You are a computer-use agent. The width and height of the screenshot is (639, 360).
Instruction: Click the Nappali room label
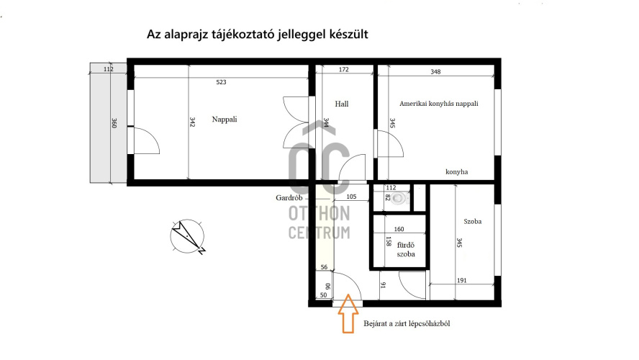coord(224,120)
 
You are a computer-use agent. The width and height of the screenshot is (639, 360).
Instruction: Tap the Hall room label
coord(342,104)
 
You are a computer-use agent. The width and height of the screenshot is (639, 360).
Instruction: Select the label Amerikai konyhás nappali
coord(438,104)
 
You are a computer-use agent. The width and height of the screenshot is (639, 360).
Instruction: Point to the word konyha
coord(456,171)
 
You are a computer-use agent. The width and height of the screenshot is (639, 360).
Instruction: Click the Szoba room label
coord(472,221)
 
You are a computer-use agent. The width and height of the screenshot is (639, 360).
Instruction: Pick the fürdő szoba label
coord(405,250)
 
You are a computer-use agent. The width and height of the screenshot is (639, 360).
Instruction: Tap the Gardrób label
coord(289,198)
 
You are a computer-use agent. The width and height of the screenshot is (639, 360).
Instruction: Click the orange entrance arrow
coord(348,313)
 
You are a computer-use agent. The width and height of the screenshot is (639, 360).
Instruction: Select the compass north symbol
coord(188,236)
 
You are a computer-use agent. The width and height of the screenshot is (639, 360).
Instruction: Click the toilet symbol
coord(401,199)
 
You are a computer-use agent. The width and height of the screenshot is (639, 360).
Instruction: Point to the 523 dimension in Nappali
coord(221,82)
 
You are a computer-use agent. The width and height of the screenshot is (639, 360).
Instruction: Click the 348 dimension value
coord(435,72)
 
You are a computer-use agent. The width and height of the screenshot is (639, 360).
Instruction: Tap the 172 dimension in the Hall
coord(343,70)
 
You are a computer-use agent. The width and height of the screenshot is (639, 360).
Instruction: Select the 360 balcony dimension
coord(114,123)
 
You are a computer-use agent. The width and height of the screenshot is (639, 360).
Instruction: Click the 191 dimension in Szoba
coord(461,281)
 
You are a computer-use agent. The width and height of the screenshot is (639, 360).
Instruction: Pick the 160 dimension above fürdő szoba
coord(399,229)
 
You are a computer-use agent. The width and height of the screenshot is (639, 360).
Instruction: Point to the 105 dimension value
coord(351,197)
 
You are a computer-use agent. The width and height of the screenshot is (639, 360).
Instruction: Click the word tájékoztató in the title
coord(243,35)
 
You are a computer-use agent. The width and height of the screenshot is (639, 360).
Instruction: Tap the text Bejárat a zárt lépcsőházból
coord(407,324)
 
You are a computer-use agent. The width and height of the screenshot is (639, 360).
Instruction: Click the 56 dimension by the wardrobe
coord(324,267)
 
